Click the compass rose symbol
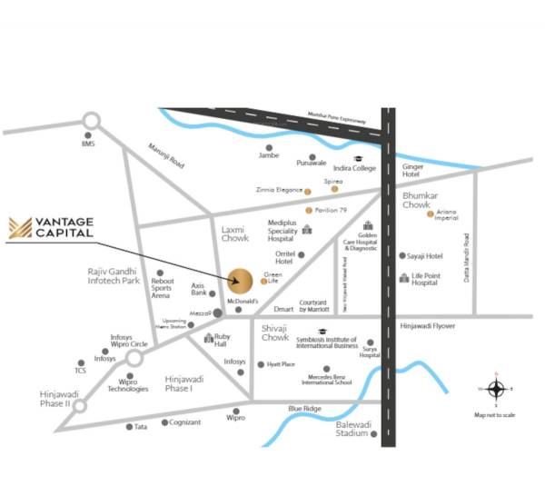tap(496, 390)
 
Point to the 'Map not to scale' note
tap(495, 415)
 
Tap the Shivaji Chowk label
tap(274, 332)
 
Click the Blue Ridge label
tap(305, 409)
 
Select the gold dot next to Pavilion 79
tap(307, 211)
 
